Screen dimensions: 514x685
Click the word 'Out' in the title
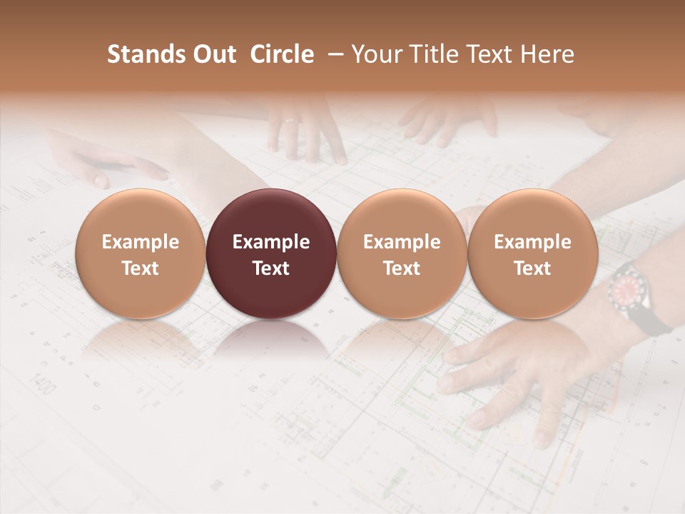coord(213,54)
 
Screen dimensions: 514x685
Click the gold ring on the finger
coord(291,121)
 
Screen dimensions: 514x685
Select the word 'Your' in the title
coord(374,54)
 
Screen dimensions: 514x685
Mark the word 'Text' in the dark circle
coord(270,268)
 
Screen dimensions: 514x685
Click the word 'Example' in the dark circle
coord(270,242)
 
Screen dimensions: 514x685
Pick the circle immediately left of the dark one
coord(140,253)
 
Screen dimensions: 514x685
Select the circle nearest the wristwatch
coord(532,253)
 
